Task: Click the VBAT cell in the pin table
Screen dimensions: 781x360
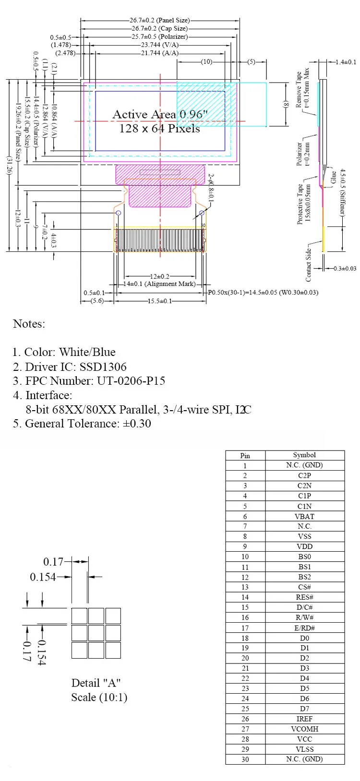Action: [x=304, y=517]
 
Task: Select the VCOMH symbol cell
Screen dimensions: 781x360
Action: [x=304, y=729]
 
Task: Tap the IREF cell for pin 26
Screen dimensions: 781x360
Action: [x=304, y=719]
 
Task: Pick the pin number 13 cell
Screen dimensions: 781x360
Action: [x=245, y=587]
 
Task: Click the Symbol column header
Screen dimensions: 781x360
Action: [x=304, y=455]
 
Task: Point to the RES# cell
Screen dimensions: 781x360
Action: [x=304, y=597]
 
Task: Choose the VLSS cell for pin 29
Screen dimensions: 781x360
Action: [x=304, y=749]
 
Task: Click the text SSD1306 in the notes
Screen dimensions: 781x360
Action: [x=103, y=367]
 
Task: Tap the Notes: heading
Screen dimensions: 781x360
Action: [x=29, y=324]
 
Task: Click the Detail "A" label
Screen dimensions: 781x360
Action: [x=96, y=683]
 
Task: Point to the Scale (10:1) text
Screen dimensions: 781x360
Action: [x=99, y=697]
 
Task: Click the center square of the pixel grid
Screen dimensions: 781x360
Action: [x=96, y=633]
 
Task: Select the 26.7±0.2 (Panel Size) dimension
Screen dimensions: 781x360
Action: [x=159, y=21]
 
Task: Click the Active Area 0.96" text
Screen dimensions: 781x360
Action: [x=160, y=115]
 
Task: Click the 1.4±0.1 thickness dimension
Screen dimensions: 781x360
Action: [x=346, y=62]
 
